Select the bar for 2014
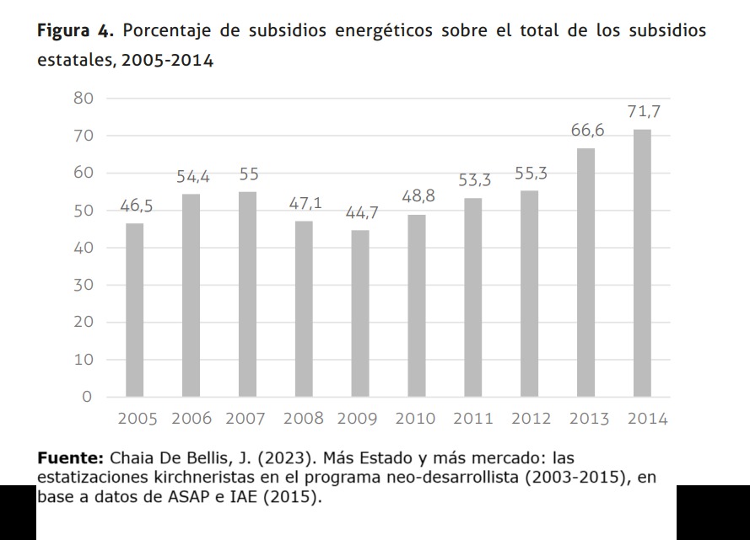coord(642,263)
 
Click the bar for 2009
coord(360,313)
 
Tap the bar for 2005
coord(134,310)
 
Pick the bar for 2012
coord(529,293)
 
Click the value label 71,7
coord(643,112)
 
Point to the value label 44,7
coord(361,213)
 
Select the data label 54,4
coord(193,177)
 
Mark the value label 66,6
coord(587,131)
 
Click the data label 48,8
coord(418,197)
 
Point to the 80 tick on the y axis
coord(82,99)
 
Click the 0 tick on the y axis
coord(86,397)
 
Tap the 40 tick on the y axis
coord(82,248)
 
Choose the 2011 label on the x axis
coord(473,419)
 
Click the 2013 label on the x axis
coord(588,419)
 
